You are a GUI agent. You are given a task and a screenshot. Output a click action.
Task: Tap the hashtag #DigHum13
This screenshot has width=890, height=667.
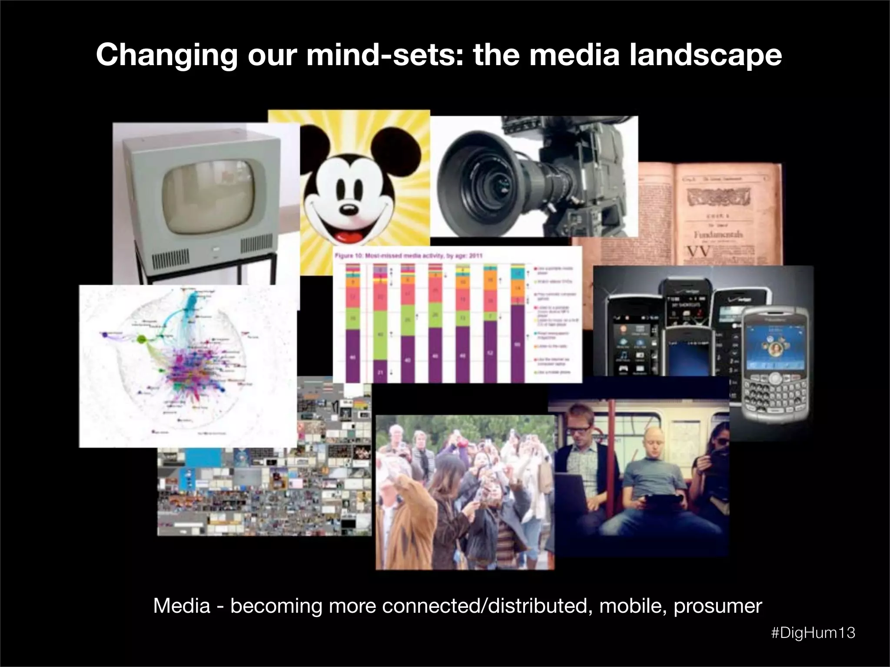click(813, 633)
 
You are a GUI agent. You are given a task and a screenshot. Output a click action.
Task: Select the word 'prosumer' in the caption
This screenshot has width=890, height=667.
click(717, 606)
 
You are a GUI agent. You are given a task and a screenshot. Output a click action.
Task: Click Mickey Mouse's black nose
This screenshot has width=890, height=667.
click(347, 210)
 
